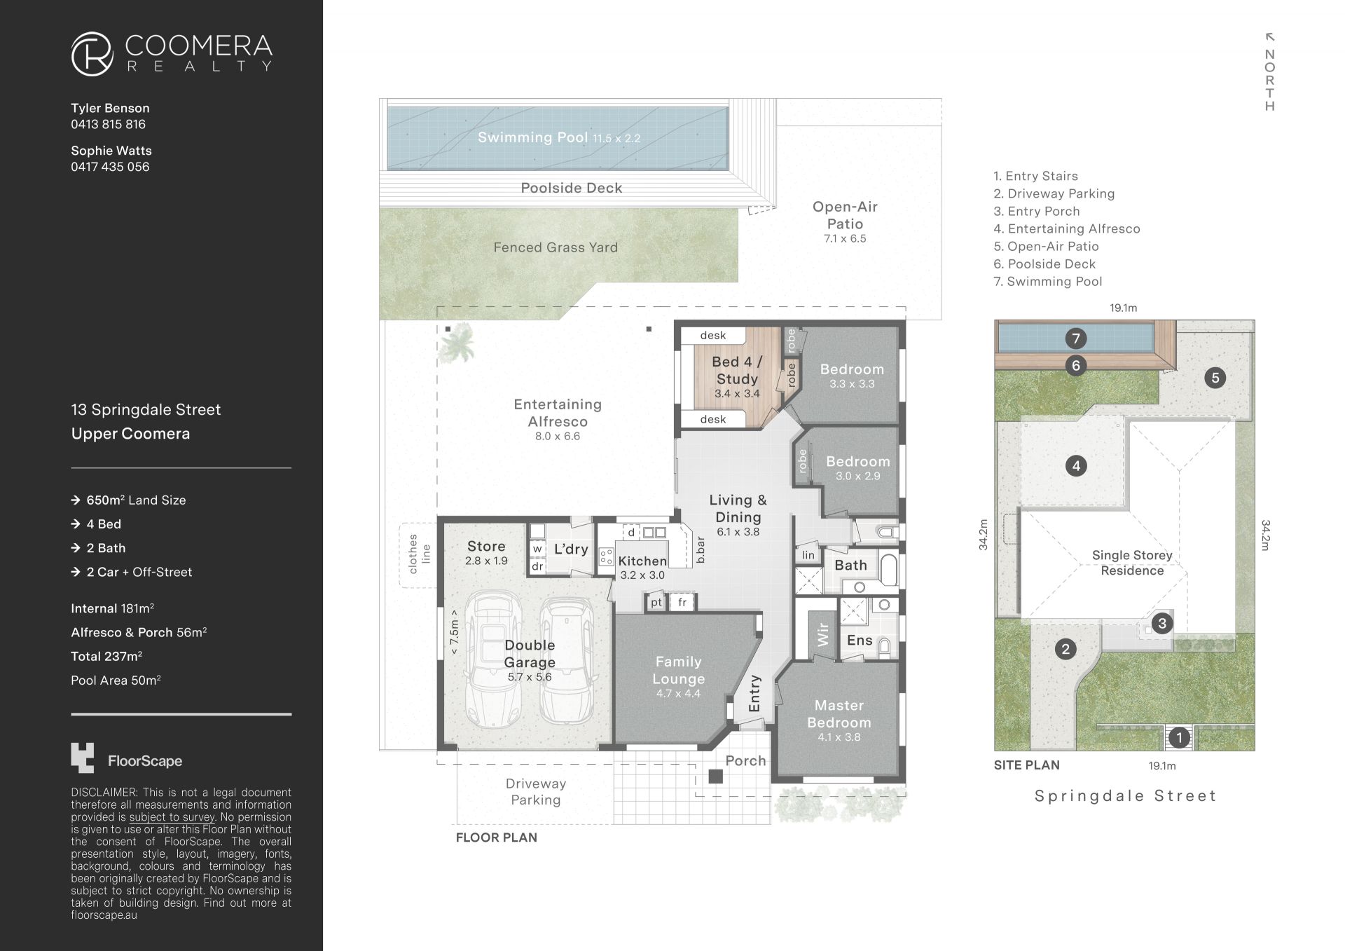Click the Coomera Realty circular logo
coord(92,53)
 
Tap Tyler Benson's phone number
coord(108,124)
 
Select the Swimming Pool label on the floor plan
coord(532,137)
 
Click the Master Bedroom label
coord(839,713)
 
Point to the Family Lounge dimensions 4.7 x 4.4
coord(678,694)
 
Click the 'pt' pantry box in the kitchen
coord(656,602)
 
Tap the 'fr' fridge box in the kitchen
coord(682,602)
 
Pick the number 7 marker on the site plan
coord(1076,338)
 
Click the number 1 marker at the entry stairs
coord(1179,737)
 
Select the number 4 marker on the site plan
coord(1076,465)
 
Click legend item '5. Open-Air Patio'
coord(1046,246)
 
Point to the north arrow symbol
coord(1269,36)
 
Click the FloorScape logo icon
coord(82,758)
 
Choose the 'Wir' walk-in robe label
coord(823,634)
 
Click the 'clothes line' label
coord(419,554)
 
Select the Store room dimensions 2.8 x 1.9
coord(486,561)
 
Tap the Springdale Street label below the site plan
coord(1125,795)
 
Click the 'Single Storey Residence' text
coord(1132,563)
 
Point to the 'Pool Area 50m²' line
coord(116,680)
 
